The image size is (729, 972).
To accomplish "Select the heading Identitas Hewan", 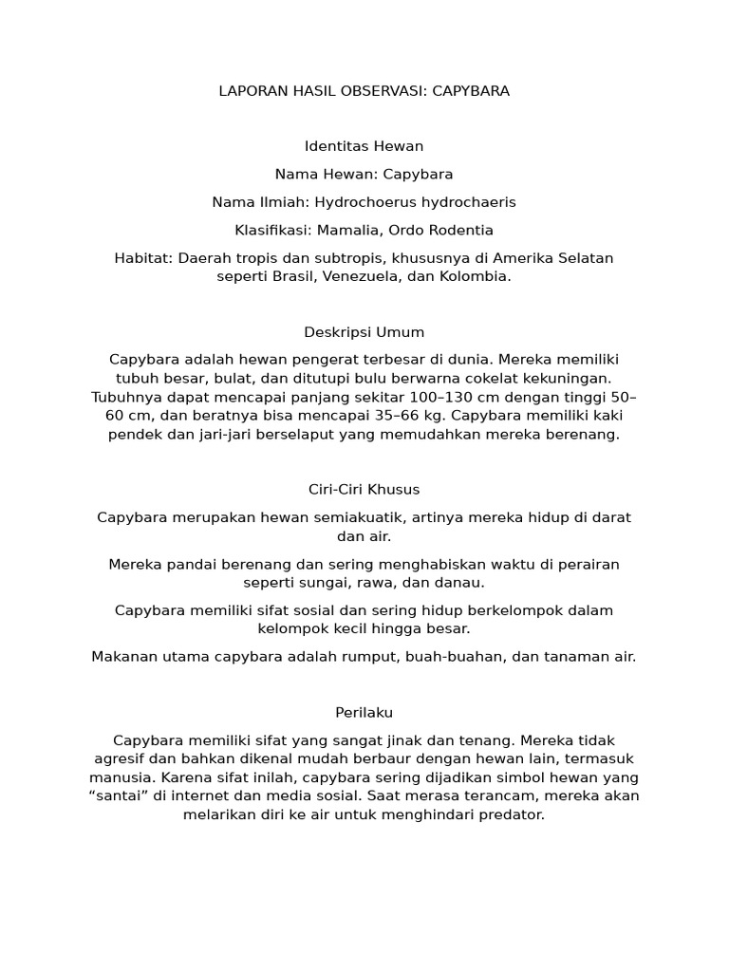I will (x=364, y=146).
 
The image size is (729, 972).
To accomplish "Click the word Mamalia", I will (x=349, y=231).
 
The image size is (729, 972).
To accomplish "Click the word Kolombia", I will (x=474, y=276).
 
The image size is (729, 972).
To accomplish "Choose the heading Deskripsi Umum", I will (x=364, y=332).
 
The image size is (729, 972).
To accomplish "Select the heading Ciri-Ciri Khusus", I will (x=364, y=490).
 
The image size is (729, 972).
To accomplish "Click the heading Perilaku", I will (x=364, y=712).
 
